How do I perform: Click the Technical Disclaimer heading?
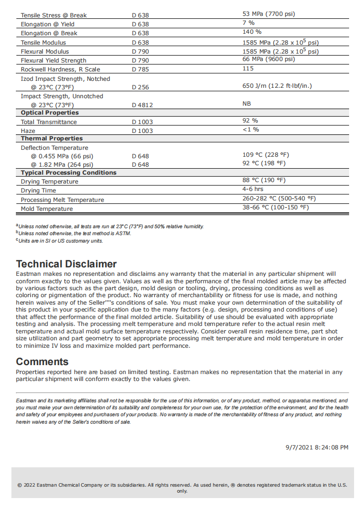(x=66, y=264)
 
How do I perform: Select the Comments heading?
(x=42, y=362)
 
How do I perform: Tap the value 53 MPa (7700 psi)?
(x=268, y=14)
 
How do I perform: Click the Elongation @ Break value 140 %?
(x=252, y=32)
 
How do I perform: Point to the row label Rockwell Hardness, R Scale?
(x=60, y=69)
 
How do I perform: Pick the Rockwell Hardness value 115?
(x=248, y=68)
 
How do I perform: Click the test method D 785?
(x=140, y=69)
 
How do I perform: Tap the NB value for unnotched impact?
(x=247, y=104)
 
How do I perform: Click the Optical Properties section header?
(x=50, y=113)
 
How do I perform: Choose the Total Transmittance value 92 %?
(x=250, y=121)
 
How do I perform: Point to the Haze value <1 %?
(x=251, y=129)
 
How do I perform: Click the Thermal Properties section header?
(x=52, y=138)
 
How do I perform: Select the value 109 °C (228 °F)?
(x=265, y=155)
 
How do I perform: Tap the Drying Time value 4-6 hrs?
(x=253, y=189)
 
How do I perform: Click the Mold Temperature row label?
(x=47, y=209)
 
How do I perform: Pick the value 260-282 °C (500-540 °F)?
(x=279, y=198)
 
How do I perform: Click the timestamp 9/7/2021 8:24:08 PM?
(x=316, y=447)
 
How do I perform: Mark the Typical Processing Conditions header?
(x=68, y=173)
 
